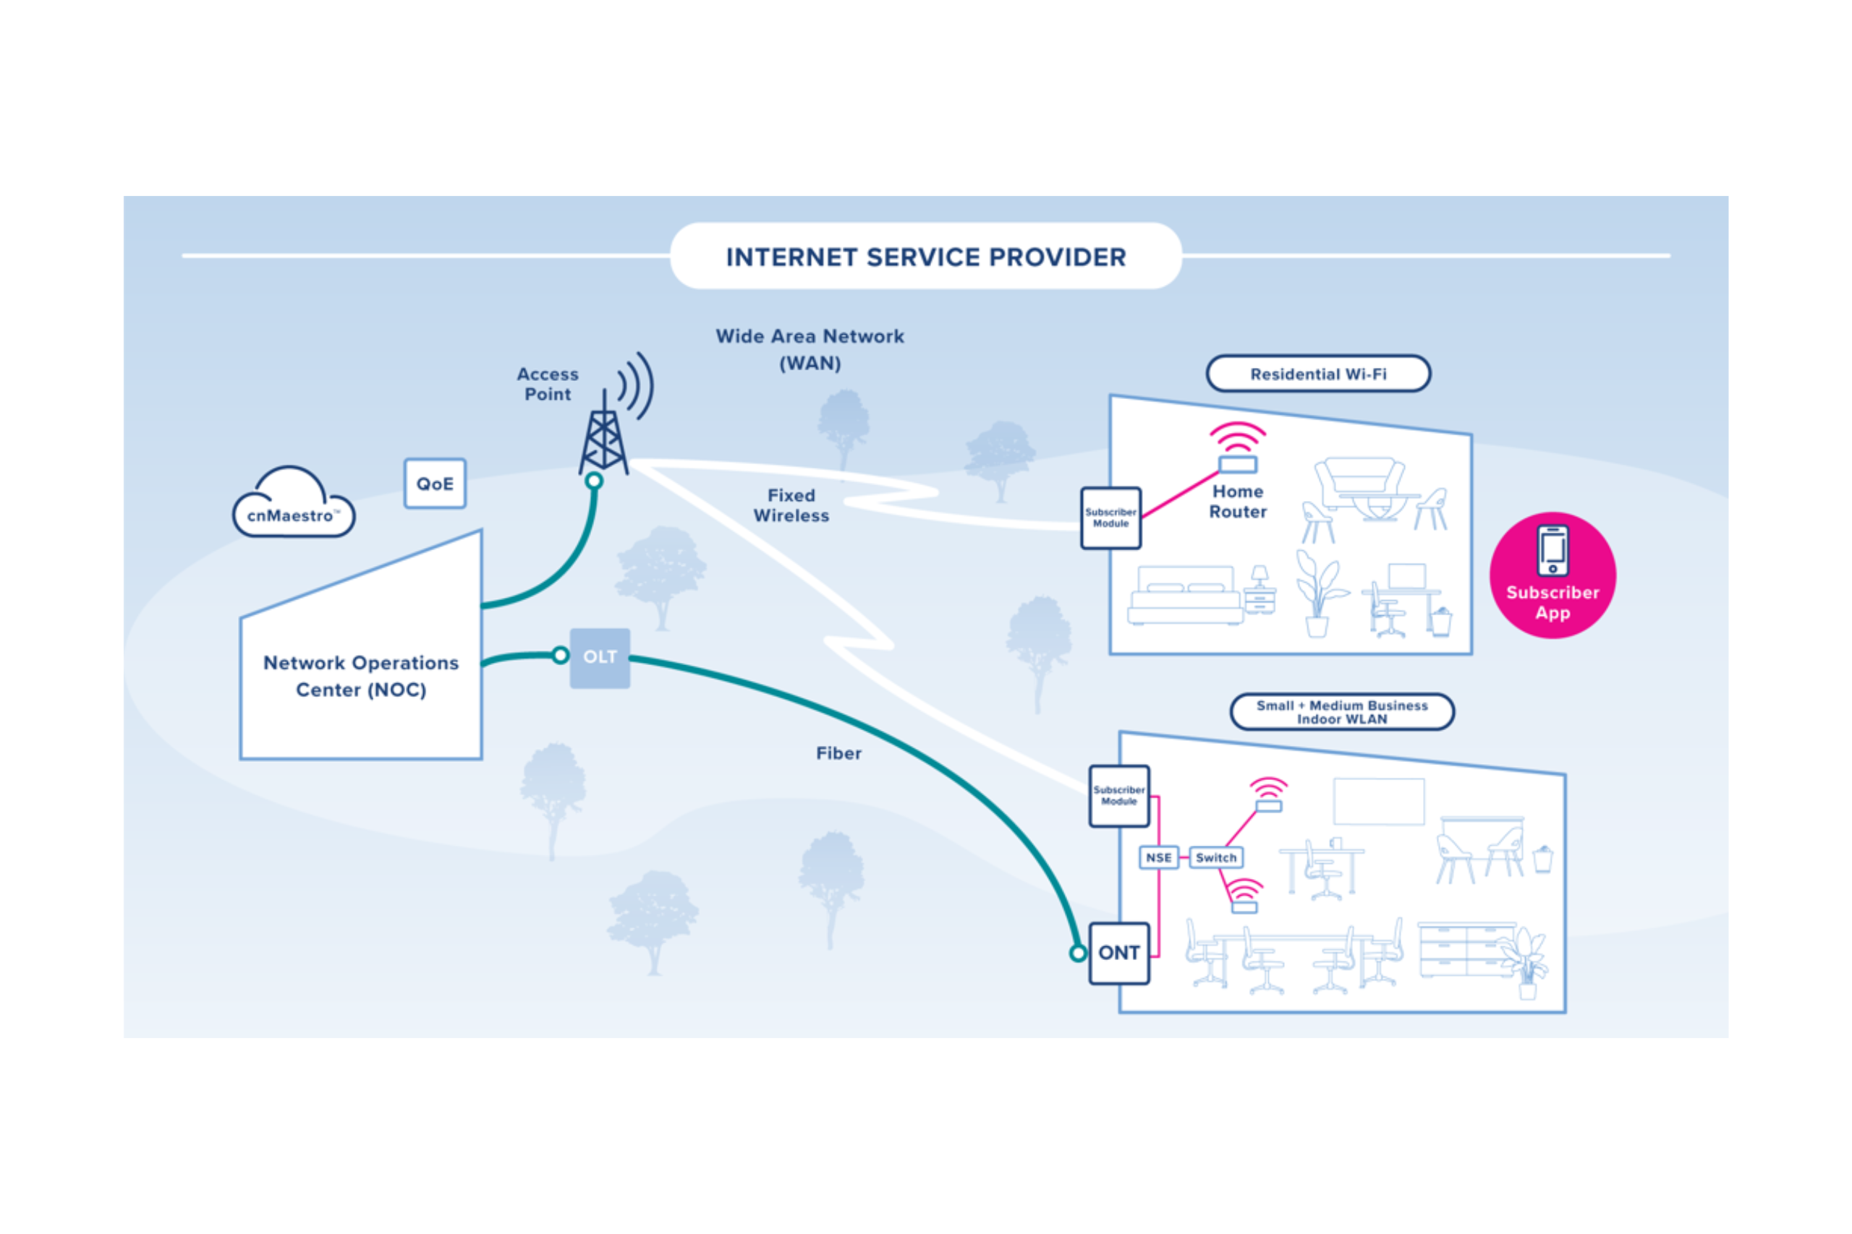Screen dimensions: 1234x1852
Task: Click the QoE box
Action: pyautogui.click(x=435, y=483)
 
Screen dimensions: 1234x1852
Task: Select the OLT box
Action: pyautogui.click(x=599, y=657)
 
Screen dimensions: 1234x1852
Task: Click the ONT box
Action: pyautogui.click(x=1119, y=952)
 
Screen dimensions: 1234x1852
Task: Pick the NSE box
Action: pyautogui.click(x=1158, y=857)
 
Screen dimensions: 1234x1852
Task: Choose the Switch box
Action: pyautogui.click(x=1216, y=857)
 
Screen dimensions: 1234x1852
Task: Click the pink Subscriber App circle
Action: pyautogui.click(x=1552, y=575)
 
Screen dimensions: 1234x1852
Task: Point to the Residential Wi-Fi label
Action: pyautogui.click(x=1318, y=374)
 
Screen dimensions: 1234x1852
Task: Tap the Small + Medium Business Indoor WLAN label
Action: pyautogui.click(x=1342, y=711)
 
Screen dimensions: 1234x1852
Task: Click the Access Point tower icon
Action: pyautogui.click(x=604, y=437)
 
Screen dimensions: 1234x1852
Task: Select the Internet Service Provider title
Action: pyautogui.click(x=925, y=257)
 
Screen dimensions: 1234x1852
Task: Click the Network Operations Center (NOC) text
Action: pyautogui.click(x=361, y=676)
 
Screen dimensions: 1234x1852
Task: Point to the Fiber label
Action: pyautogui.click(x=838, y=753)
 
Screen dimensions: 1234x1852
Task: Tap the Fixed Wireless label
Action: pyautogui.click(x=791, y=505)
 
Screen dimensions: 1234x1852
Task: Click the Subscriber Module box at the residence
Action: pyautogui.click(x=1110, y=518)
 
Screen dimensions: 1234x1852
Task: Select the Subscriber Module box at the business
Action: pyautogui.click(x=1119, y=796)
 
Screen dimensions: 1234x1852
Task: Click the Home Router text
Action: pyautogui.click(x=1238, y=501)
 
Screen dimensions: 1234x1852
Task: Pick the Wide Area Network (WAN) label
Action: pyautogui.click(x=810, y=349)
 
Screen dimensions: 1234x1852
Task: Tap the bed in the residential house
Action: pyautogui.click(x=1185, y=596)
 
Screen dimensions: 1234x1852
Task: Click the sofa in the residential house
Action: pyautogui.click(x=1359, y=481)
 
